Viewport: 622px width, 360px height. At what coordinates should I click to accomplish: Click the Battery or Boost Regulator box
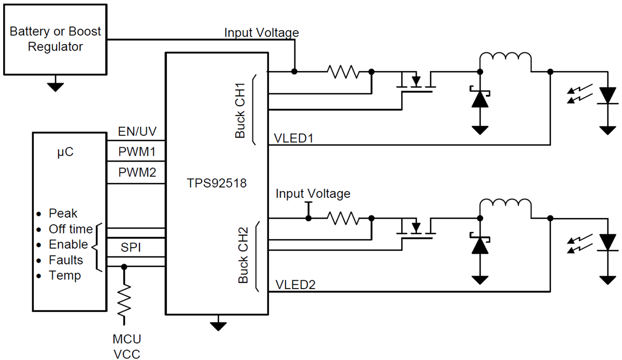55,39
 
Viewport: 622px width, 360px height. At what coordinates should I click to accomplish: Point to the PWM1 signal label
137,152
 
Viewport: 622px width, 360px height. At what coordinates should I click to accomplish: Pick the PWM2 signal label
137,171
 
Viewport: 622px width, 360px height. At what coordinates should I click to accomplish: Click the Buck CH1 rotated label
241,110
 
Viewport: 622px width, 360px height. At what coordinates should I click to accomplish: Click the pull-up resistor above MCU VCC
124,300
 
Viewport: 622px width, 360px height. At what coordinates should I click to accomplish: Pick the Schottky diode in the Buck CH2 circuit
480,245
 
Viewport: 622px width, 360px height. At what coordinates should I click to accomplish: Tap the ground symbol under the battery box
55,86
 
